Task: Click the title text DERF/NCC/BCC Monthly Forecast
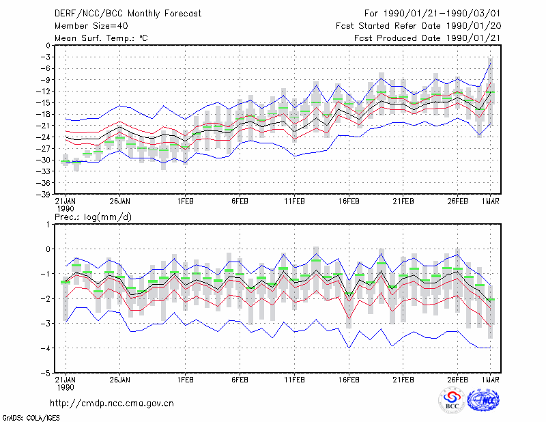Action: tap(128, 14)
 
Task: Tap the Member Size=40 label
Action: tap(91, 26)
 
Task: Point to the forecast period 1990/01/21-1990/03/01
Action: tap(442, 14)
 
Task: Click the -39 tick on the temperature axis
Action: tap(43, 194)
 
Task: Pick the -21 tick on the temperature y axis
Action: tap(43, 126)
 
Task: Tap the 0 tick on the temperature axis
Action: tap(48, 45)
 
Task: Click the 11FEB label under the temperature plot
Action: tap(294, 201)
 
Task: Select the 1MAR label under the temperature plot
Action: tap(490, 201)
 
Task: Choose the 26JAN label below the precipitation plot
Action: tap(120, 380)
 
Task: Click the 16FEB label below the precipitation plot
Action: tap(349, 380)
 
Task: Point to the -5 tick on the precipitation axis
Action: tap(46, 374)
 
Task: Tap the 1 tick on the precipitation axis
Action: tap(48, 225)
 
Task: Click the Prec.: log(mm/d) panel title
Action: tap(93, 217)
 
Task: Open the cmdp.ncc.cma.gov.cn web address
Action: tap(112, 404)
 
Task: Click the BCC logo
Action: tap(452, 400)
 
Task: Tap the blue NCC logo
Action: tap(483, 400)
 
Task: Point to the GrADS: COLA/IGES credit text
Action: tap(31, 418)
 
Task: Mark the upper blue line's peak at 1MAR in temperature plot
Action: tap(490, 63)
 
